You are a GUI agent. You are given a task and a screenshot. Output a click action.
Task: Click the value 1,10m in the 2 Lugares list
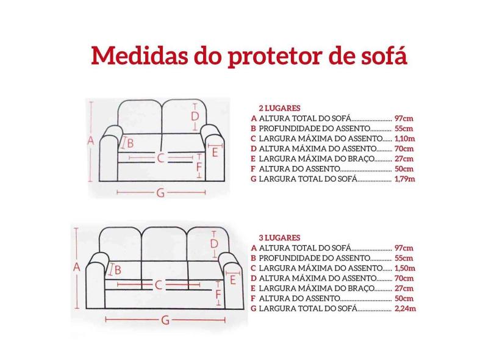click(x=404, y=139)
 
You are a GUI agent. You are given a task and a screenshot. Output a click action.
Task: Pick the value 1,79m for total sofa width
click(x=404, y=179)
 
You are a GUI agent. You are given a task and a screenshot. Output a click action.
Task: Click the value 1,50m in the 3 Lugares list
click(x=404, y=268)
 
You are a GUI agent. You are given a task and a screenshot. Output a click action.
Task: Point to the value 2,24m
click(x=404, y=309)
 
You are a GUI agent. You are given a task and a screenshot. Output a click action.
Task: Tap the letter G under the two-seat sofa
click(x=160, y=193)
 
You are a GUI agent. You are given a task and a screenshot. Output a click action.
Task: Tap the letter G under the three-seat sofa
click(x=165, y=320)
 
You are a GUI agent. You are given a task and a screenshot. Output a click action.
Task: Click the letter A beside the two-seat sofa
click(x=90, y=140)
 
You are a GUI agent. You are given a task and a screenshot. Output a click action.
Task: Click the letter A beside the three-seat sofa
click(x=77, y=267)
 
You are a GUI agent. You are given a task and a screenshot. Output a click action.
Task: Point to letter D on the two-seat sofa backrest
click(x=195, y=116)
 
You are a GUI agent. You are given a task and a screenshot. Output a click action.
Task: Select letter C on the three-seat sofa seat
click(x=159, y=284)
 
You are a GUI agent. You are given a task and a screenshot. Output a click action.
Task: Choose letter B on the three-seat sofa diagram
click(x=118, y=269)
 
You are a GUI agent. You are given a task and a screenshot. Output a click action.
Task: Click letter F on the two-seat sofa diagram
click(x=199, y=165)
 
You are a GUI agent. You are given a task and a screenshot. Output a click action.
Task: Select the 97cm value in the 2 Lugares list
click(x=404, y=118)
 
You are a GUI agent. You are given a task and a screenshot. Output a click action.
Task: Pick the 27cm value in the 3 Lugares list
click(x=404, y=288)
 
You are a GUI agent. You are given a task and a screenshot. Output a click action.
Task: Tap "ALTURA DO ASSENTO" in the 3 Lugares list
click(x=299, y=298)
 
